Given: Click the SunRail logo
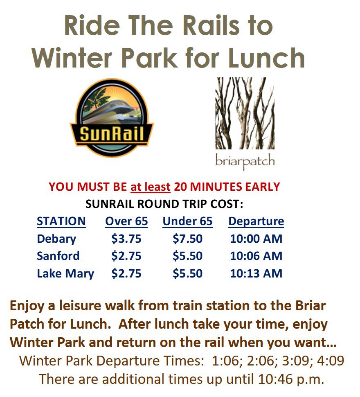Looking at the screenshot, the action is (x=112, y=117).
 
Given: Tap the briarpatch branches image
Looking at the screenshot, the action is (x=245, y=113).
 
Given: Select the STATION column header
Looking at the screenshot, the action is (x=61, y=221).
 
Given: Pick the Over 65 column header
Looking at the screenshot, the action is (x=126, y=221).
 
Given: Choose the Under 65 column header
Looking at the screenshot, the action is (x=187, y=221).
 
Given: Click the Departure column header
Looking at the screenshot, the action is (x=256, y=222).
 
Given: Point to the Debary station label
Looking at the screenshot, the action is (x=56, y=239).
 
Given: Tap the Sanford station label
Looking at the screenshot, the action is (x=58, y=256).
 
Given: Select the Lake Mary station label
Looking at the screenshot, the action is (x=65, y=274).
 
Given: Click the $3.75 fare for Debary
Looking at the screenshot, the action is (x=126, y=239).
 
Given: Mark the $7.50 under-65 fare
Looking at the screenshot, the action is (x=187, y=239).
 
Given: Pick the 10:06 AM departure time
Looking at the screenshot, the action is (x=256, y=256).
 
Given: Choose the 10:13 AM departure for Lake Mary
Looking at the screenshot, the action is (x=256, y=273).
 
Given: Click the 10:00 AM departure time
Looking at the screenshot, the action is (x=256, y=239).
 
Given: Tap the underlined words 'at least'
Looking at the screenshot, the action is (x=150, y=187).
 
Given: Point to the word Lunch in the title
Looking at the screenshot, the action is (x=266, y=58).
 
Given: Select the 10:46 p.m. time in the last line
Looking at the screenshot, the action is (x=291, y=379).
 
